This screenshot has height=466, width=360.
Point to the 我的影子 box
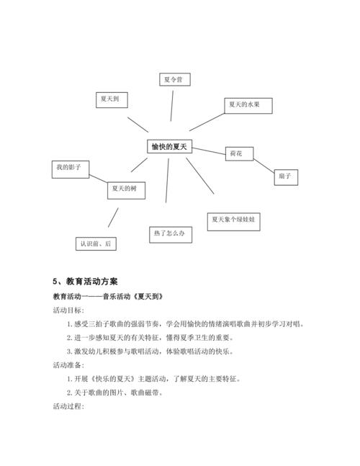pos(69,168)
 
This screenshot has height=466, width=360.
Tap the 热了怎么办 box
pos(171,234)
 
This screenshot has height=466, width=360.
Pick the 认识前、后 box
pos(96,243)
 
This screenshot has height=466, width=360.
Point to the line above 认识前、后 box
pos(112,218)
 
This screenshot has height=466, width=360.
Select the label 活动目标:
pos(68,310)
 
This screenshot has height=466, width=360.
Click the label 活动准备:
pos(68,365)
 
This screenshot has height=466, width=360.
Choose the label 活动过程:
pos(68,406)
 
